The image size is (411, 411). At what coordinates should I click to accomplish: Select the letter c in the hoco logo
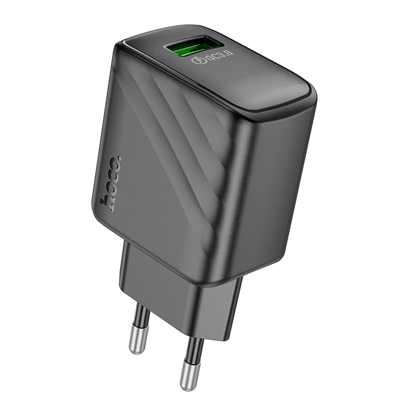coord(114,174)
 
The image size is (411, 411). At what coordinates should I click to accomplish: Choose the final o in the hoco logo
coord(116,163)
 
